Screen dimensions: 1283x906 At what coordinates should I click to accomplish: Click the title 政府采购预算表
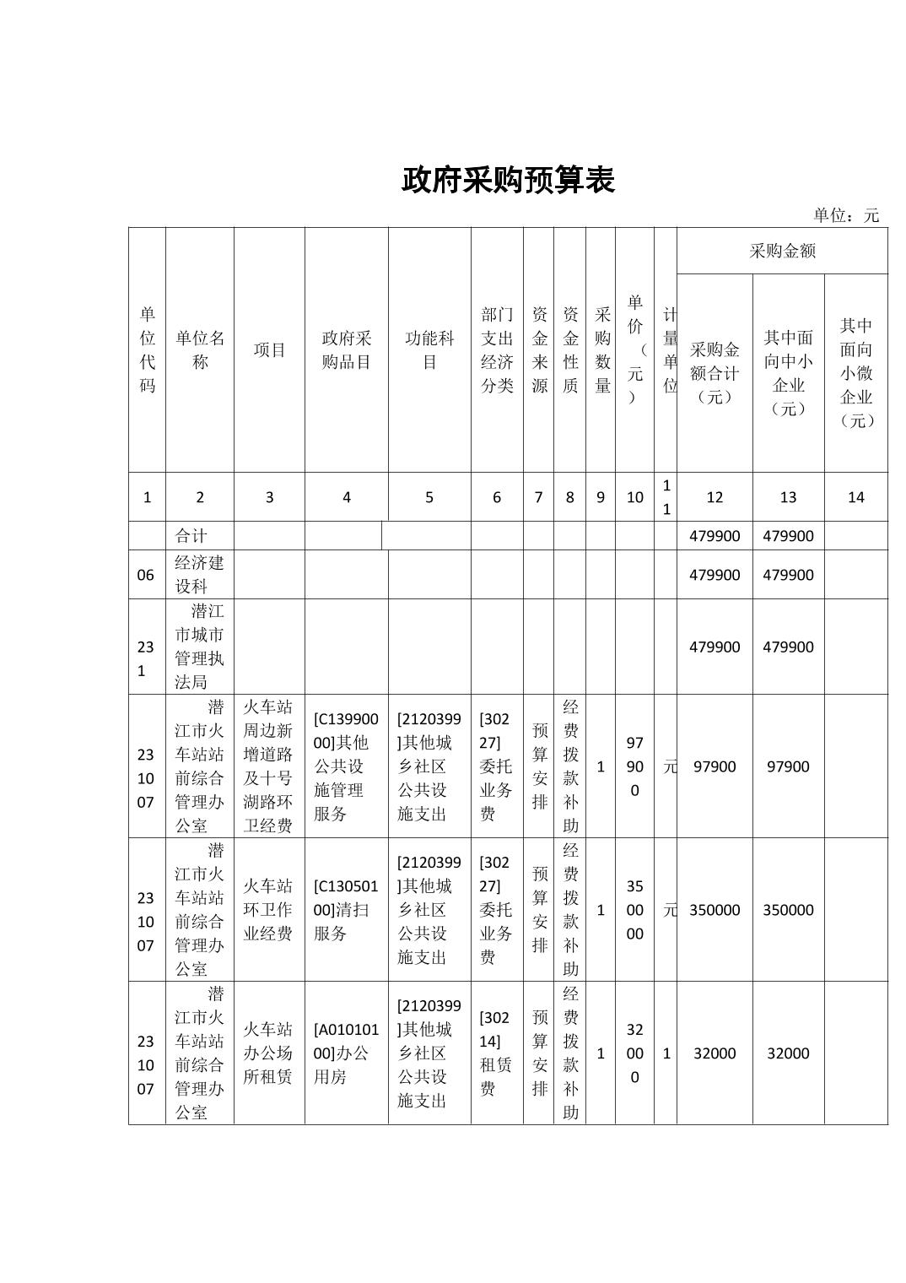click(508, 180)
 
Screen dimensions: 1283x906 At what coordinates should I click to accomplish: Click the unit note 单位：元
click(845, 215)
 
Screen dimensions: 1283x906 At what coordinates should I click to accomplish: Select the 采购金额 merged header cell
click(782, 251)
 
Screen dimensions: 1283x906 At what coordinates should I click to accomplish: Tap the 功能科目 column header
click(429, 350)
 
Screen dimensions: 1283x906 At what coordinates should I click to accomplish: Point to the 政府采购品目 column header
click(346, 350)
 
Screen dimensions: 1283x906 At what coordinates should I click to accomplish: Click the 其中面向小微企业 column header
click(855, 372)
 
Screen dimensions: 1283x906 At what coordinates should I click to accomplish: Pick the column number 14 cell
click(855, 497)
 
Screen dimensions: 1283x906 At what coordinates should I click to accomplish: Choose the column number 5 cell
click(429, 497)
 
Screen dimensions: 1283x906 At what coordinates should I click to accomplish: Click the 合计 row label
click(191, 536)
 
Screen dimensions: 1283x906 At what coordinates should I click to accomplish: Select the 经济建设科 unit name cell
click(200, 575)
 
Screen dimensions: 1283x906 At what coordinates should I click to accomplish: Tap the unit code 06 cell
click(146, 575)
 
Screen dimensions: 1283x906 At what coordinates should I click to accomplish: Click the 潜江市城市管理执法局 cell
click(200, 647)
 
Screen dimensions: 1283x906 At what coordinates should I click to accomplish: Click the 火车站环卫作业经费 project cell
click(268, 909)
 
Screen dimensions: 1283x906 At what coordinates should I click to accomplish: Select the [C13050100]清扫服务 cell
click(346, 909)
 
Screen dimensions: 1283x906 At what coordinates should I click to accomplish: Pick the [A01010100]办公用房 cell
click(346, 1053)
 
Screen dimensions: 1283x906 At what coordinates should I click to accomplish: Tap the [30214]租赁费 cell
click(496, 1053)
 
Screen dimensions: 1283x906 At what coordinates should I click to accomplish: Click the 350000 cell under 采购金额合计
click(715, 910)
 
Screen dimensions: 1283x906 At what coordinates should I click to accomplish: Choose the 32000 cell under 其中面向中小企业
click(788, 1053)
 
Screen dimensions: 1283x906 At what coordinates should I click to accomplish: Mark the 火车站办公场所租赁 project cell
click(268, 1053)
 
